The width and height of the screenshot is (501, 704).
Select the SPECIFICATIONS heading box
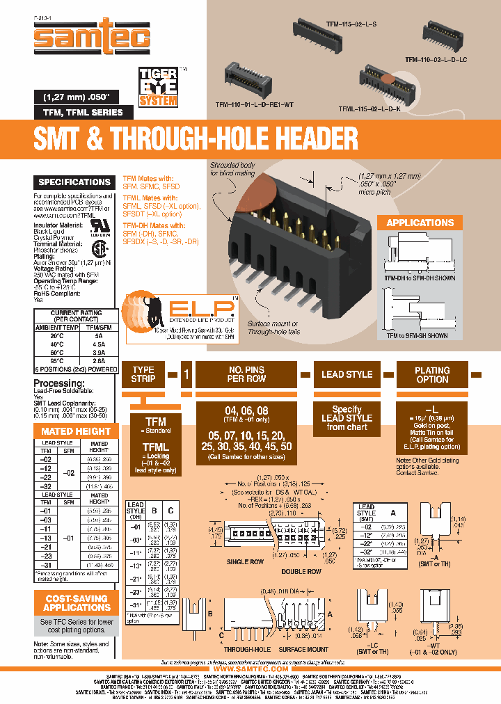coord(74,182)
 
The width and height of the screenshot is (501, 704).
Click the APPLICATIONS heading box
coord(420,223)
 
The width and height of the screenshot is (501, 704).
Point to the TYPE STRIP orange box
coord(143,374)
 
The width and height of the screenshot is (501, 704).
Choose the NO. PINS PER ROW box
coord(246,374)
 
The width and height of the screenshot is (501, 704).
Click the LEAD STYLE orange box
coord(347,374)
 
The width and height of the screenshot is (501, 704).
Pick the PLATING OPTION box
coord(432,374)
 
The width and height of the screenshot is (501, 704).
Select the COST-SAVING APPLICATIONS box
coord(77,602)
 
